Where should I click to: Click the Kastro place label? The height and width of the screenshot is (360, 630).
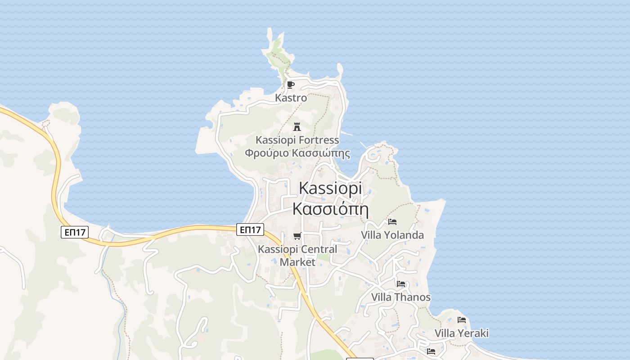(291, 98)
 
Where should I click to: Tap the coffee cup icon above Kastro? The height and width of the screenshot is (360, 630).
(290, 85)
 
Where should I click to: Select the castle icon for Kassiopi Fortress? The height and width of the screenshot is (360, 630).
(297, 126)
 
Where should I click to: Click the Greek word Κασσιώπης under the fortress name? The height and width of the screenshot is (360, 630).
(321, 153)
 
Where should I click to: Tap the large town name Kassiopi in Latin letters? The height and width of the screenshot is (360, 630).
(330, 188)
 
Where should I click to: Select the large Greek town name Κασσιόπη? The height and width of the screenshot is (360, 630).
(330, 209)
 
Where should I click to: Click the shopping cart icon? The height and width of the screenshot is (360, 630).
(297, 236)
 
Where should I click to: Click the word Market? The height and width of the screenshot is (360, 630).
(297, 261)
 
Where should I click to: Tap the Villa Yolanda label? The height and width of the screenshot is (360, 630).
(392, 235)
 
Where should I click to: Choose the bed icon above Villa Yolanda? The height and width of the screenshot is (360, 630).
(392, 222)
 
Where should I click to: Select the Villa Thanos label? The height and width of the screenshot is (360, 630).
(400, 297)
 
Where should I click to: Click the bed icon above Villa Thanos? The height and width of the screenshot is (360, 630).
(401, 284)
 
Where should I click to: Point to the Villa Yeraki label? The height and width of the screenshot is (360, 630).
(461, 333)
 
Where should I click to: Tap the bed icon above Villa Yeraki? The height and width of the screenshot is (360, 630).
(462, 320)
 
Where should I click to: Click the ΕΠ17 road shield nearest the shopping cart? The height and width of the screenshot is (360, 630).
(250, 230)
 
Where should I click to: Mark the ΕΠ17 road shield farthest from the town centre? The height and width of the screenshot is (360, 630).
(75, 232)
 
